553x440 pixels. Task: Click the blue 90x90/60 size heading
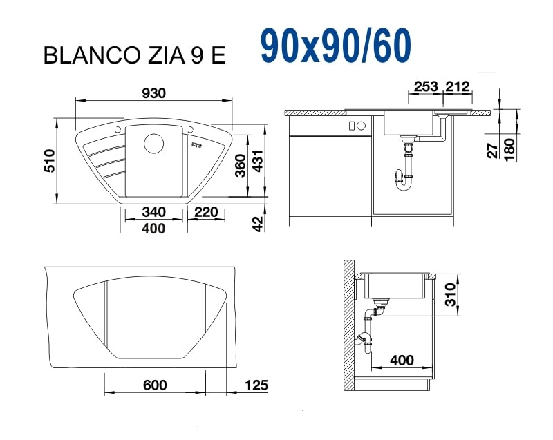[x=336, y=46]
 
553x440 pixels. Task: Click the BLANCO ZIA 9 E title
[x=134, y=55]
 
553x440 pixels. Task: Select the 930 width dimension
[x=153, y=93]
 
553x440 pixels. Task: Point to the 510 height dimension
[x=49, y=161]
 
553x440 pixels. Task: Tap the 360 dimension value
[x=240, y=166]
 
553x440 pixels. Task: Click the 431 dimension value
[x=258, y=161]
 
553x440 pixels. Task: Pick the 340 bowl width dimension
[x=153, y=212]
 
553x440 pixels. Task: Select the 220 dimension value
[x=206, y=212]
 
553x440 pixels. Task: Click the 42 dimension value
[x=259, y=224]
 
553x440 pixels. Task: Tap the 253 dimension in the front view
[x=426, y=86]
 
